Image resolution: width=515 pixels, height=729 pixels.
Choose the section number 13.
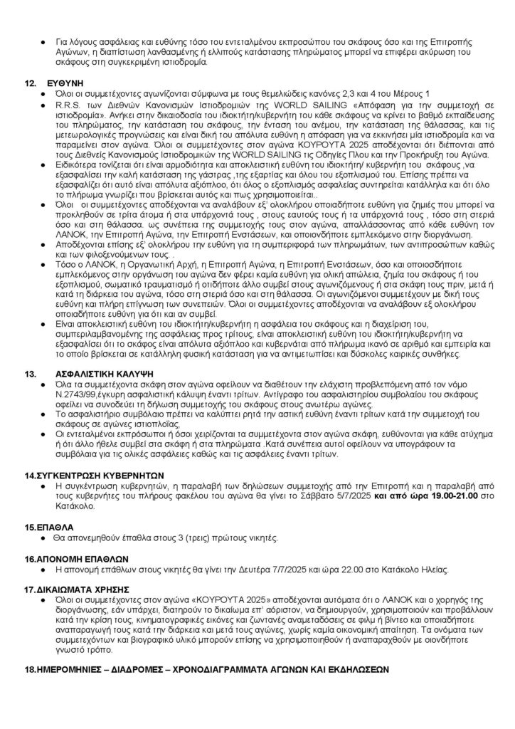(x=31, y=373)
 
